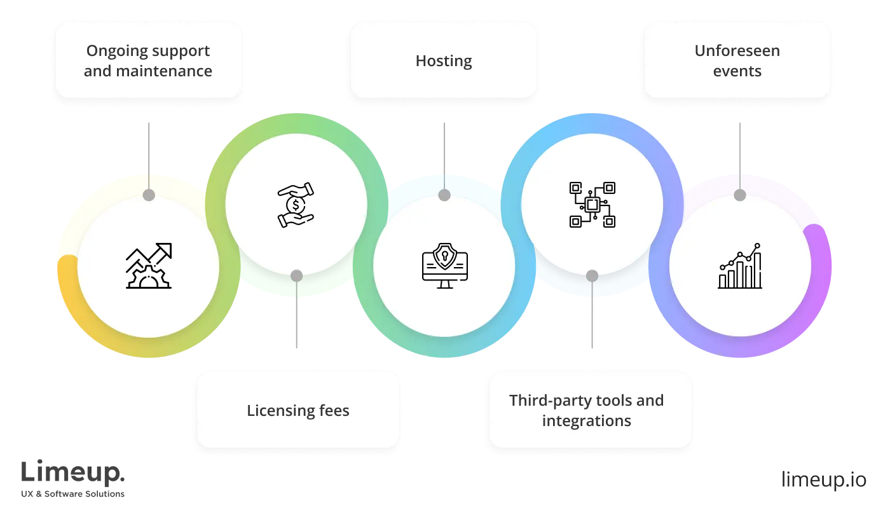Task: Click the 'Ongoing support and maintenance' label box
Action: (148, 60)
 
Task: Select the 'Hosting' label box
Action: (444, 60)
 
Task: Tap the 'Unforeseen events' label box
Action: (737, 60)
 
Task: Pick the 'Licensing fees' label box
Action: (298, 410)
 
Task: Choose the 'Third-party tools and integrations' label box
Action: (590, 410)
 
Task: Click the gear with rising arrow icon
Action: (149, 266)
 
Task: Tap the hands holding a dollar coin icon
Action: (296, 205)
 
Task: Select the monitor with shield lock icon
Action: (444, 267)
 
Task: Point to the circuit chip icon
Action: (592, 205)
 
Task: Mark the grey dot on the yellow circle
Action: (149, 195)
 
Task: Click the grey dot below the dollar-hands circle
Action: (296, 275)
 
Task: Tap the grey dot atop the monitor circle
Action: (444, 195)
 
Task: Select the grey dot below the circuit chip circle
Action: (592, 275)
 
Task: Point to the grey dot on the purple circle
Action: (739, 195)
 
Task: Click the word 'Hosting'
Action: (444, 61)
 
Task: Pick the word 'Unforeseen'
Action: (737, 51)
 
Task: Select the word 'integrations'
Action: (586, 420)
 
